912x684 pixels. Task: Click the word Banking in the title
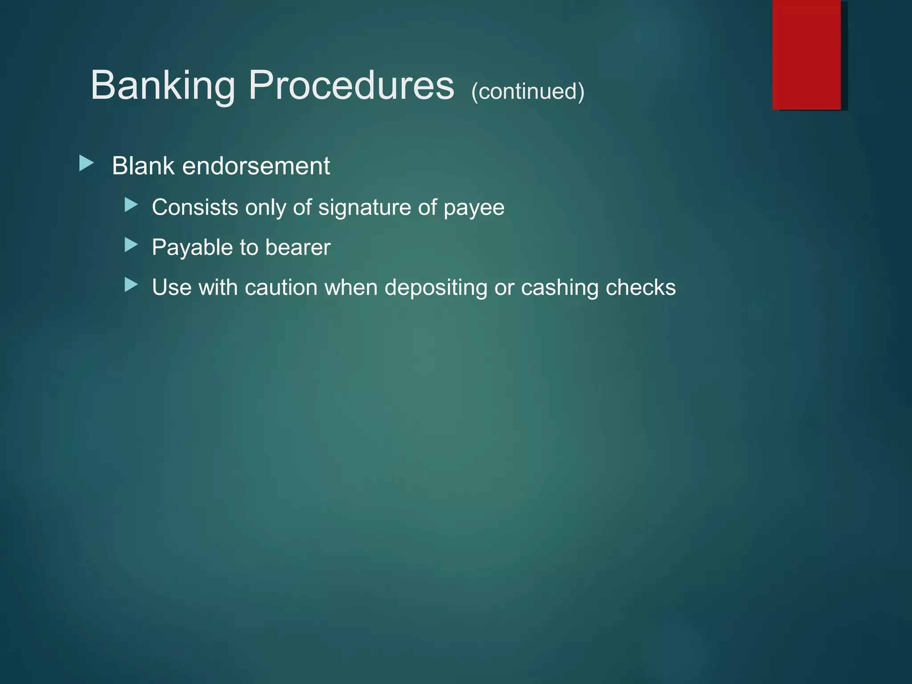point(163,85)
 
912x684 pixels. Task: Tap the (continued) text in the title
point(528,92)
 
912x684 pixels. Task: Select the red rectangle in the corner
point(806,54)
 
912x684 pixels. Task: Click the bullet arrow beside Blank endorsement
point(86,163)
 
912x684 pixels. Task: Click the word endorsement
point(256,166)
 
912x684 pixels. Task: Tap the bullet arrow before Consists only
point(131,205)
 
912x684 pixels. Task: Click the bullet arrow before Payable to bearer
point(131,245)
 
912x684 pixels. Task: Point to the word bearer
point(298,248)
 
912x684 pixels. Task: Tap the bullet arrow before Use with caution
point(131,285)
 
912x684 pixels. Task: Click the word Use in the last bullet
point(172,288)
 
